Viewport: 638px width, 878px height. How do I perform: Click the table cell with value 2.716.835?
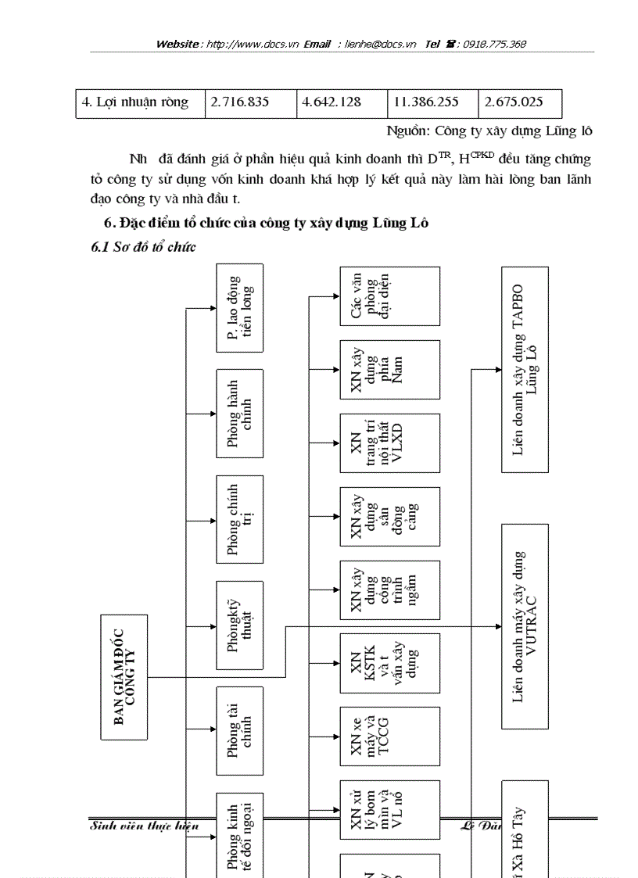coord(251,103)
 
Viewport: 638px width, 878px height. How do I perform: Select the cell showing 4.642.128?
coord(342,103)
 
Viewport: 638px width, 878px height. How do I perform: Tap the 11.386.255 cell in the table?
coord(432,103)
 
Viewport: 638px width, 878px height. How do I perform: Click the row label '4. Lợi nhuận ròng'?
coord(141,103)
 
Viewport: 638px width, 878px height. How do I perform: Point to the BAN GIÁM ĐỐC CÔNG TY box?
coord(124,677)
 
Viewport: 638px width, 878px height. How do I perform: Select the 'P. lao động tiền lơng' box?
coord(239,307)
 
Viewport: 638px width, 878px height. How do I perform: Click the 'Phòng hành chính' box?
coord(239,414)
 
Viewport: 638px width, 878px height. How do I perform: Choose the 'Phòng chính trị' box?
coord(239,519)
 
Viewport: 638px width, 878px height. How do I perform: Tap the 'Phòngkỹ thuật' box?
coord(239,625)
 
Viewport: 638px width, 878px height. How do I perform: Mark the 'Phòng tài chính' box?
coord(239,732)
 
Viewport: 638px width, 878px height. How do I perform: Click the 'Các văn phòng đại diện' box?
coord(389,296)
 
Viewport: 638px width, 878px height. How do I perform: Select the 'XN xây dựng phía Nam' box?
coord(389,370)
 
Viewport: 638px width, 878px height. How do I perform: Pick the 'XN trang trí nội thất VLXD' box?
coord(389,443)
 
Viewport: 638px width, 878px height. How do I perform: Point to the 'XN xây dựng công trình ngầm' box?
coord(389,590)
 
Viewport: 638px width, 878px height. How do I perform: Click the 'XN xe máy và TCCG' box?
coord(389,736)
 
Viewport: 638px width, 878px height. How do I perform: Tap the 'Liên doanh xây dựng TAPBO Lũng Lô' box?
coord(525,369)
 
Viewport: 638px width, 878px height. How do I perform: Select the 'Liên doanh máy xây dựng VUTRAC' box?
coord(525,627)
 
